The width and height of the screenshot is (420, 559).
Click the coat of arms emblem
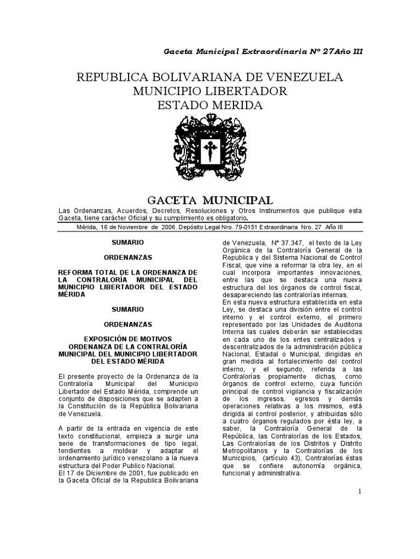point(209,149)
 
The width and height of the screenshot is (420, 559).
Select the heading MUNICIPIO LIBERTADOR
point(210,91)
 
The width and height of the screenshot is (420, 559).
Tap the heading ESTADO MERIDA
point(210,105)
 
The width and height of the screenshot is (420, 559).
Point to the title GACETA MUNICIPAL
point(211,200)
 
